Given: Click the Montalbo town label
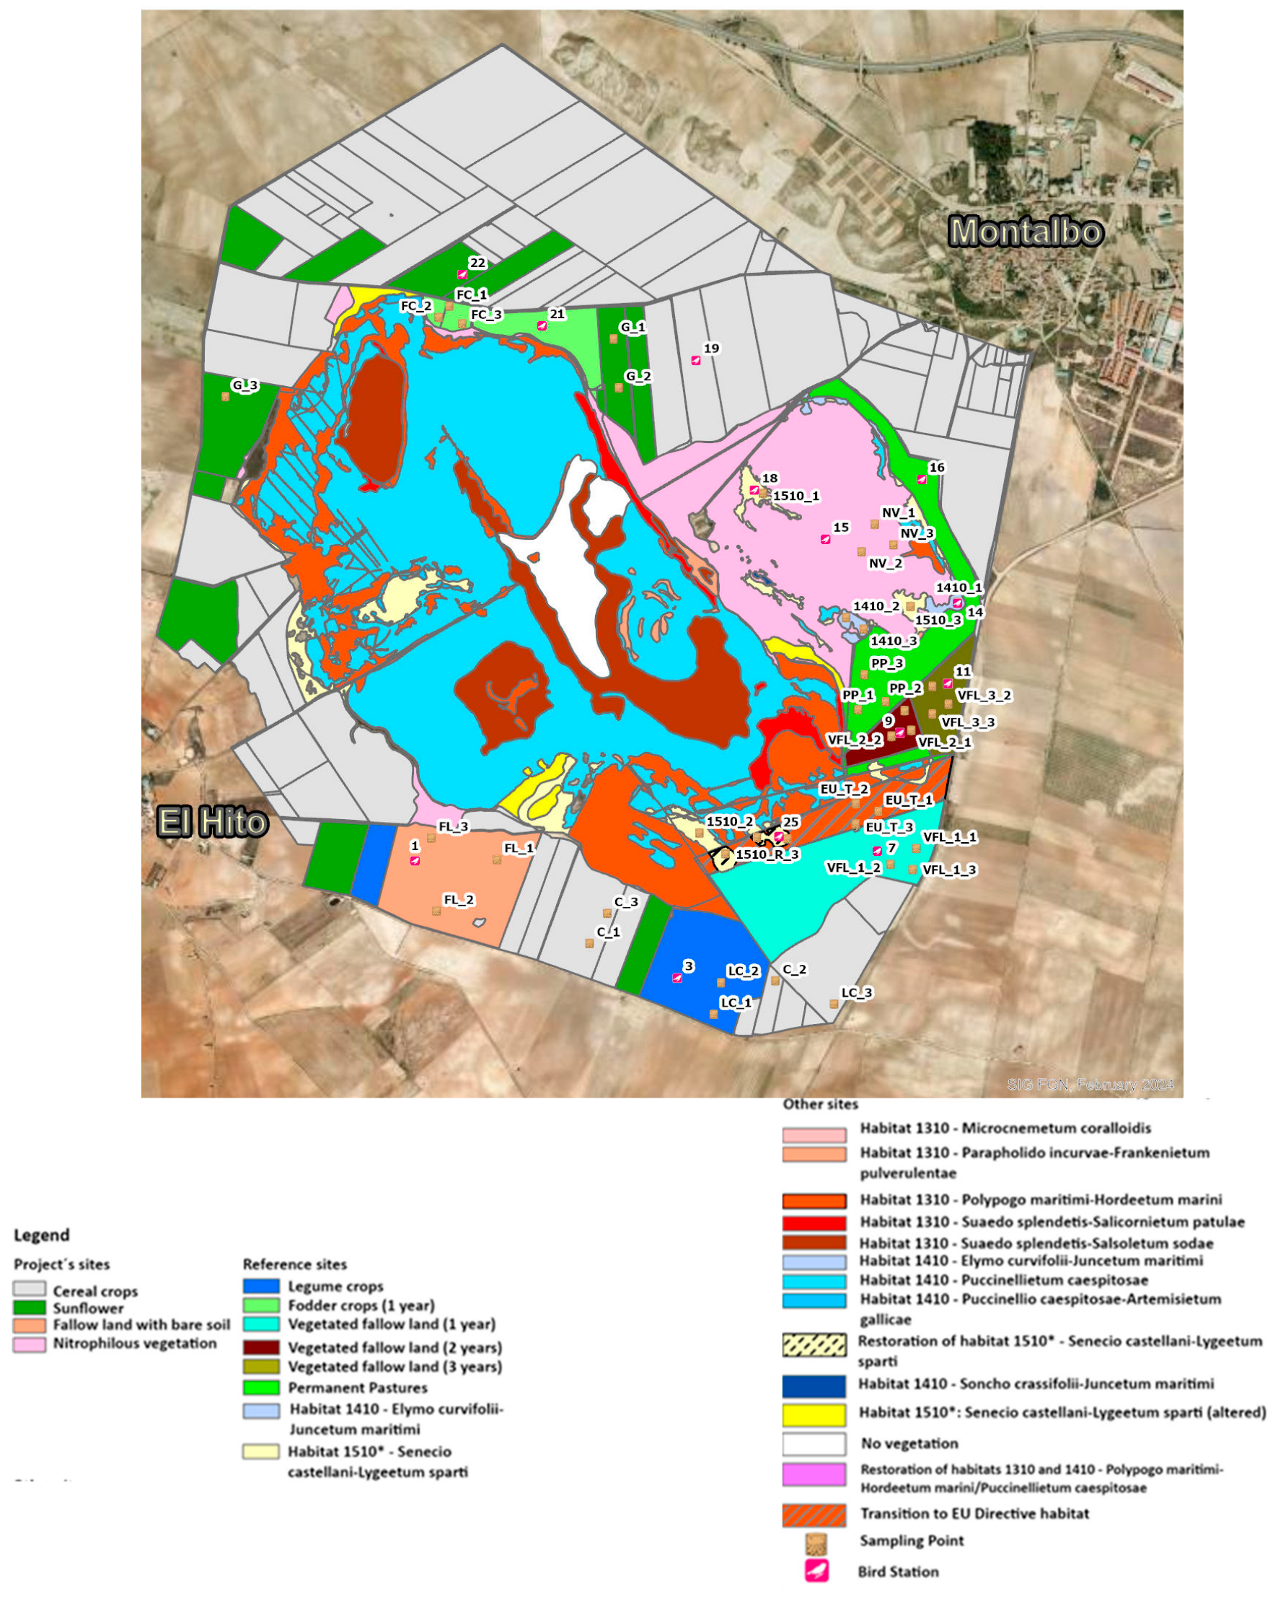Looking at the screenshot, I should coord(1026,232).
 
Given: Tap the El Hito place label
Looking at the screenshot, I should coord(212,822).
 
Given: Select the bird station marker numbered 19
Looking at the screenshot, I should coord(695,361).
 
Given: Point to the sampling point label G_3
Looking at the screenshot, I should coord(244,385).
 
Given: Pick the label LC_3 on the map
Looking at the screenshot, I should coord(856,992).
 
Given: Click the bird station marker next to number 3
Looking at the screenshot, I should coord(677,979).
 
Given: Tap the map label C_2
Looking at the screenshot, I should coord(794,970).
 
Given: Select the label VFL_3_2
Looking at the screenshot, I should coord(983,696).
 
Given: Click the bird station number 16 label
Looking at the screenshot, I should coord(937,468).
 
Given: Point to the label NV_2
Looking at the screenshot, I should coord(885,563).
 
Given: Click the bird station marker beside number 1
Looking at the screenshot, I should coord(415,861).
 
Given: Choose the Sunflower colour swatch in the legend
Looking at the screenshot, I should coord(30,1308).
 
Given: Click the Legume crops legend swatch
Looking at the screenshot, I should coord(260,1286).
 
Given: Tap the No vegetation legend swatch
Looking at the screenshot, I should coord(814,1443).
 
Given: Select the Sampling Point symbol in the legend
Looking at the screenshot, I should coord(816,1544).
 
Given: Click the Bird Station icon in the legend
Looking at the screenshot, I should coord(816,1570).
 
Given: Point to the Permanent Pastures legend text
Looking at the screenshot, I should coord(358,1388).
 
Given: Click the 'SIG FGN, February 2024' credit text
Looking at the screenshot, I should coord(1090,1085).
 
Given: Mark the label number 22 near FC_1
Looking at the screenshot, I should coord(477,263).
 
